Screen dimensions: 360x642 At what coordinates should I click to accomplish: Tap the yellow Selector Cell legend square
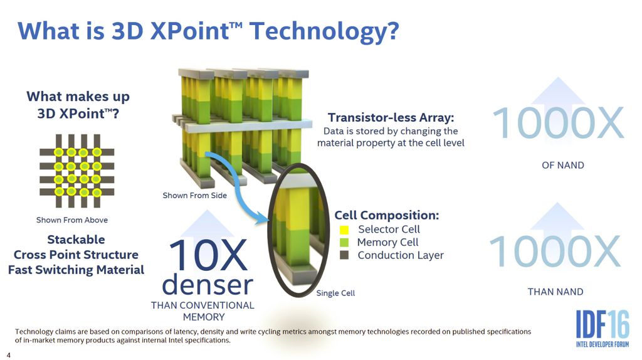[344, 230]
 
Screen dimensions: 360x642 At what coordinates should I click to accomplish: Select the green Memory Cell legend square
[344, 242]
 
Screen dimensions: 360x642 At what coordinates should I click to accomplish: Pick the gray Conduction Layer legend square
[344, 255]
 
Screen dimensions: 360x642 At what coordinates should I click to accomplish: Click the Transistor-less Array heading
[391, 117]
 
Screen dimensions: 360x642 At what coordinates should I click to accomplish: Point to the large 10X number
[209, 256]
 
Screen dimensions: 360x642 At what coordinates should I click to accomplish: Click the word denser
[208, 285]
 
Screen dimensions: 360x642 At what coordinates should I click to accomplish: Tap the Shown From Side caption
[194, 196]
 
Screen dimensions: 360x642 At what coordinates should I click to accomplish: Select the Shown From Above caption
[71, 220]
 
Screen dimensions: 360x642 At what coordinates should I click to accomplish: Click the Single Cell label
[335, 293]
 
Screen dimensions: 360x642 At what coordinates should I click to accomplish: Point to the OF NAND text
[562, 166]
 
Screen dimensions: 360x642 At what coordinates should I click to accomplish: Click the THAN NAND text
[555, 292]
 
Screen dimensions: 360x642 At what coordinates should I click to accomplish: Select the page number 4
[9, 354]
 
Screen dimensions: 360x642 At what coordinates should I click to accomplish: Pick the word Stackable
[76, 240]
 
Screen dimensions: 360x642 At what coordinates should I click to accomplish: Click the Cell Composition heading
[386, 215]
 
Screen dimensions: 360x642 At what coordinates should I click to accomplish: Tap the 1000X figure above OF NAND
[558, 124]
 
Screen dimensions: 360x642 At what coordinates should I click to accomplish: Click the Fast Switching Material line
[76, 270]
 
